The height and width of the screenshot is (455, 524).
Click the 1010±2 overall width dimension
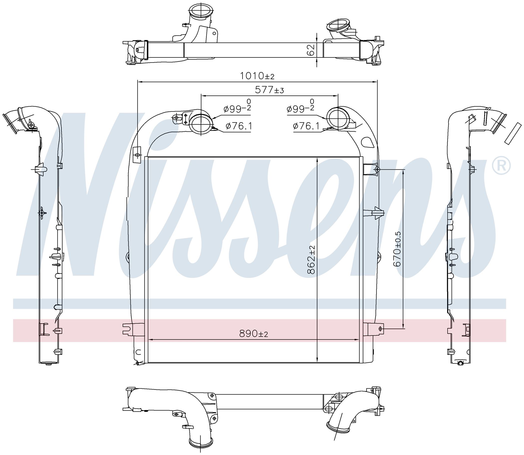tap(257, 76)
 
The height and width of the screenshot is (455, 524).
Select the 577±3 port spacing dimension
tap(269, 90)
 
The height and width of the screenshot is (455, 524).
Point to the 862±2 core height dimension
tap(311, 260)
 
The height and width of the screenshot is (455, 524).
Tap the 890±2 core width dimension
tap(253, 334)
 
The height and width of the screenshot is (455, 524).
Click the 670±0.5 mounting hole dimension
tap(397, 249)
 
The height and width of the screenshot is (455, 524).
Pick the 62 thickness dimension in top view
tap(310, 50)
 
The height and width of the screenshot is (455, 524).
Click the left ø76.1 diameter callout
tap(238, 126)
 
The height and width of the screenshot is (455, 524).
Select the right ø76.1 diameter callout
tap(306, 126)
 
